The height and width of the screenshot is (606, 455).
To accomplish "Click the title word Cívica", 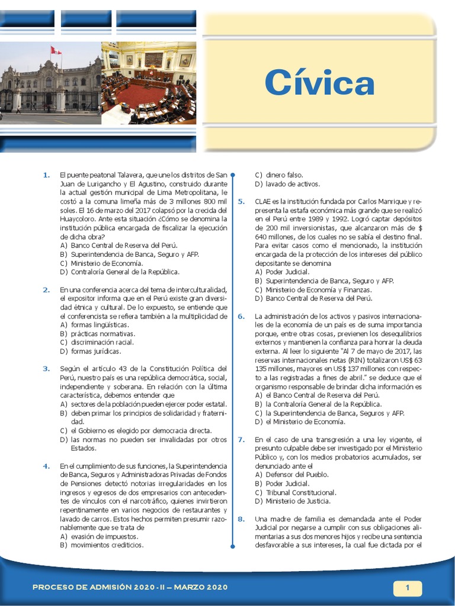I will pos(319,83).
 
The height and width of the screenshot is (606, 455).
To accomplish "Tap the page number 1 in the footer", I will pos(408,588).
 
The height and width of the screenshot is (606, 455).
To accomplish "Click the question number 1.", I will pos(46,175).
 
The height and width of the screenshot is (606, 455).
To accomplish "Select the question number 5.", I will pos(241,201).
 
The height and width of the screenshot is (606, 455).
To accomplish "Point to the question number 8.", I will pos(241,519).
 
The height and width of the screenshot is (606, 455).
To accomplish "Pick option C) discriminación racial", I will pos(97,342).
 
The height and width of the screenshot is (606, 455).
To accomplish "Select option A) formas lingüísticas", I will pos(94,325).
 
